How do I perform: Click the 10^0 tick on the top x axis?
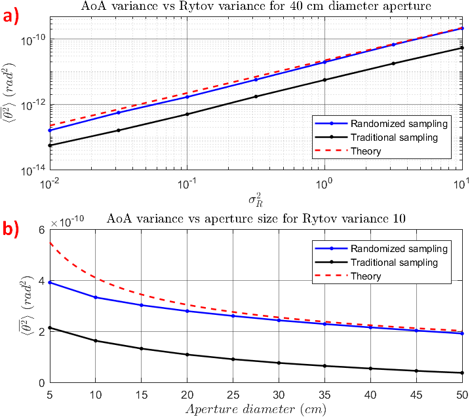pyautogui.click(x=324, y=181)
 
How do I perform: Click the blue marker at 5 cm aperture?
pyautogui.click(x=50, y=282)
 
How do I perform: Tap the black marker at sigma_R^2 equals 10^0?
pyautogui.click(x=324, y=80)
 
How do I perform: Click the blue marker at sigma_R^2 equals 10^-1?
pyautogui.click(x=187, y=97)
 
